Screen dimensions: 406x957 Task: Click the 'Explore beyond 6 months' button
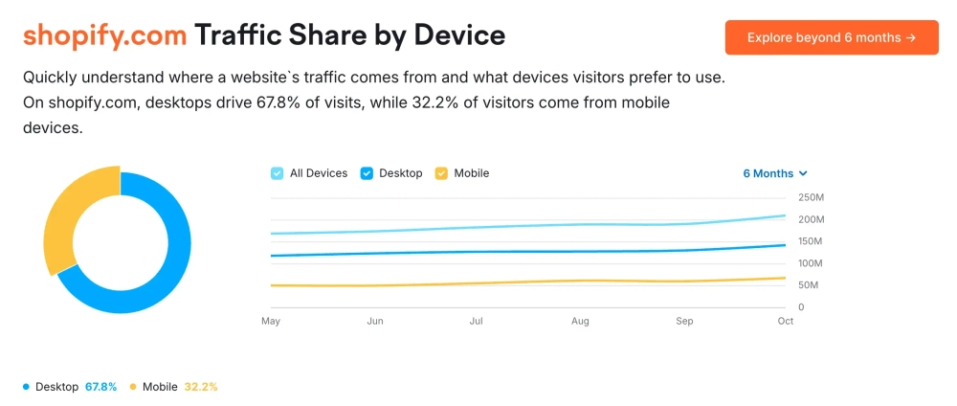click(831, 37)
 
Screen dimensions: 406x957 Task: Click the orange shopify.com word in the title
click(104, 35)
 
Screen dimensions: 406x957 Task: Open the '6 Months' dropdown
click(775, 173)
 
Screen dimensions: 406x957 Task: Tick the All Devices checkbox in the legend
click(278, 173)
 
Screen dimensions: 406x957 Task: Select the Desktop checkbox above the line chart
click(367, 173)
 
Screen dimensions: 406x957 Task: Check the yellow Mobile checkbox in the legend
click(441, 173)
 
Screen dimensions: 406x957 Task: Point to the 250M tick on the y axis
click(811, 198)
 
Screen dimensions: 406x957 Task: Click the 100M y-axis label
click(811, 263)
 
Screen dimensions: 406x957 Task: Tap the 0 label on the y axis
click(801, 307)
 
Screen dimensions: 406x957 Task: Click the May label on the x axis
click(271, 321)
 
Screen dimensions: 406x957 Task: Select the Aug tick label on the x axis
click(579, 321)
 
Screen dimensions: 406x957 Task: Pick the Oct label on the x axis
click(786, 321)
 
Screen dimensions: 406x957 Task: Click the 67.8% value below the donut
click(100, 387)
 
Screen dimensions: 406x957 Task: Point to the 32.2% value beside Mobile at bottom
click(201, 387)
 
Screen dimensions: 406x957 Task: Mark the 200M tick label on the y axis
click(811, 219)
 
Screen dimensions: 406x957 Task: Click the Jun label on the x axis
click(374, 321)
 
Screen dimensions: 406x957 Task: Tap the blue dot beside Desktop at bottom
click(26, 387)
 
